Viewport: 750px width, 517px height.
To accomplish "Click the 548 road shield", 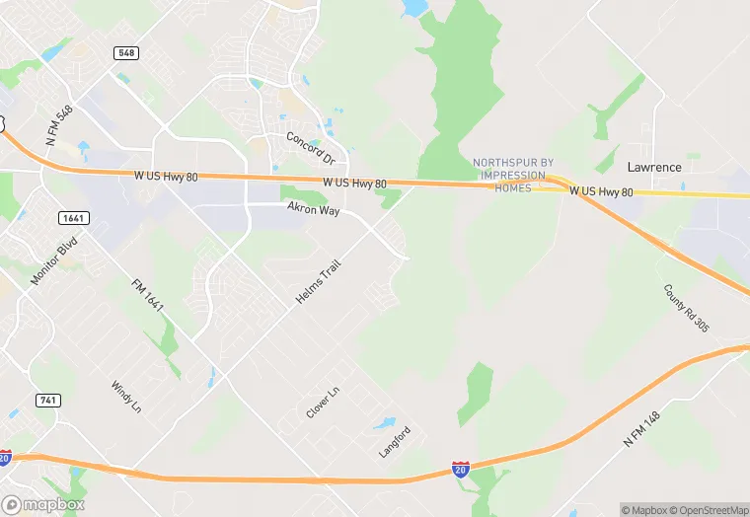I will (125, 52).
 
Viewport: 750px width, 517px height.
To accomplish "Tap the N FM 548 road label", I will (59, 127).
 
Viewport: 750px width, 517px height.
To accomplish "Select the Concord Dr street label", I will (311, 147).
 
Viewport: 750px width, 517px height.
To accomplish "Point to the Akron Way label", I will (313, 209).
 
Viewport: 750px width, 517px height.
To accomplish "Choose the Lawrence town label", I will (654, 167).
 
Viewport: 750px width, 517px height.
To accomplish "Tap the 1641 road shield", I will (71, 217).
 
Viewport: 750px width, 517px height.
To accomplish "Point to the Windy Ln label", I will (127, 399).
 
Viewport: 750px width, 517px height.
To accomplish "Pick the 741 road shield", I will (47, 400).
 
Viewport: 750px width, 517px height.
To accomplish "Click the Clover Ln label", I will (323, 403).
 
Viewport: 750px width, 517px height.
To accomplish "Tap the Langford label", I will (395, 441).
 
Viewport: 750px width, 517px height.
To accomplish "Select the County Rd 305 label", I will (687, 308).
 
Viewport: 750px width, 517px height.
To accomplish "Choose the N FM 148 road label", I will (641, 429).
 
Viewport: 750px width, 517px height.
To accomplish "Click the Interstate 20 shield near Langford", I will (461, 470).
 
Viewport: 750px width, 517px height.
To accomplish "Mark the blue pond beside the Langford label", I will (384, 424).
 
